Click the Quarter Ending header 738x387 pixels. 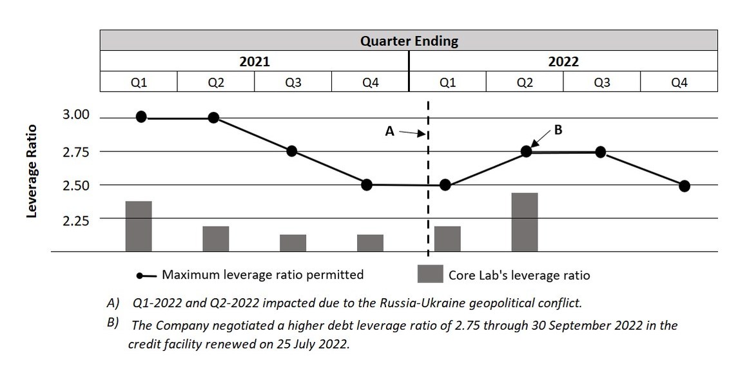(x=409, y=41)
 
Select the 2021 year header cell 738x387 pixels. (x=254, y=62)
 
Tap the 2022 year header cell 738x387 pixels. (x=563, y=62)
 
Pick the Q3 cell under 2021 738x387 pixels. (x=293, y=82)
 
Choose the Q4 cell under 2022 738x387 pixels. (x=679, y=82)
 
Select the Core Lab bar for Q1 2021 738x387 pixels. (x=139, y=226)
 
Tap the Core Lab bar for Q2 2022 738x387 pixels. (x=525, y=222)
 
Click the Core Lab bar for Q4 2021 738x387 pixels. (x=370, y=243)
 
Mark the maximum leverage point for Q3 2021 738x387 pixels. (x=291, y=151)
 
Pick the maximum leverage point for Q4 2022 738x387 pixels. (x=685, y=186)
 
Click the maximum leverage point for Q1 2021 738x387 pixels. (x=142, y=117)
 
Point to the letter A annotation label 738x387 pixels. (x=389, y=131)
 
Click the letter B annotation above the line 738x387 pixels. (x=558, y=129)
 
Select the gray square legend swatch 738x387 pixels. (x=430, y=274)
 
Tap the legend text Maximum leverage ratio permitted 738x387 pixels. (x=262, y=275)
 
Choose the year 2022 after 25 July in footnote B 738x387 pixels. (x=333, y=343)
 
